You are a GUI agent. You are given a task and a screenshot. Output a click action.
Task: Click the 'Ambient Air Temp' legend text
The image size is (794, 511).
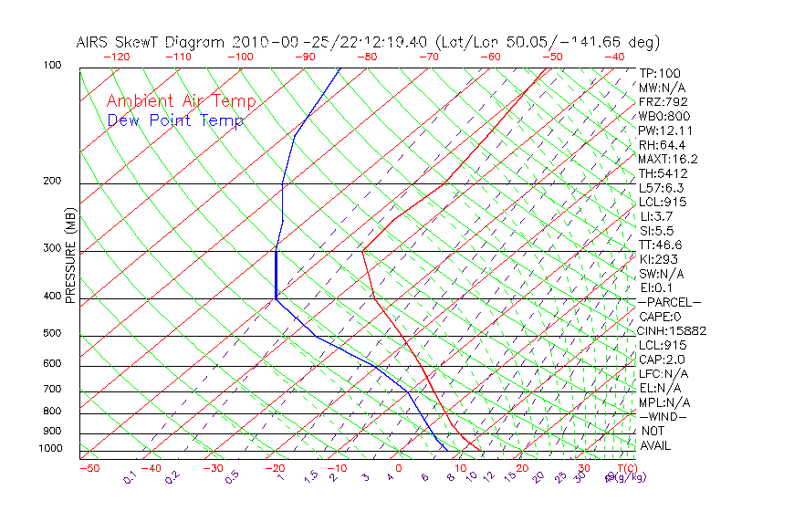[181, 101]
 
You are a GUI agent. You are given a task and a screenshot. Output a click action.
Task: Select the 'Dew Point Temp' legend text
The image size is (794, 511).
[174, 120]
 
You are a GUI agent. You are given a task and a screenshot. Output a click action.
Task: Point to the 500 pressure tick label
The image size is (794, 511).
[53, 333]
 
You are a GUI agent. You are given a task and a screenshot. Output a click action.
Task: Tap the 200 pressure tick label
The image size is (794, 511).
[53, 181]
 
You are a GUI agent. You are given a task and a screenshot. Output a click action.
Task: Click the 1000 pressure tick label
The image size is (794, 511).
[50, 448]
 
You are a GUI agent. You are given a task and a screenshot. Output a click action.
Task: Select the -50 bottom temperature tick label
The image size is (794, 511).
[89, 468]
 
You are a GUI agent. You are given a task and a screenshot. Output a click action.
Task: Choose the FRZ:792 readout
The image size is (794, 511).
[663, 101]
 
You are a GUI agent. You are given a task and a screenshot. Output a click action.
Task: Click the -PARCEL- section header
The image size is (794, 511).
[669, 302]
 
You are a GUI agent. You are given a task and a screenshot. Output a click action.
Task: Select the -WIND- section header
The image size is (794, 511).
[663, 416]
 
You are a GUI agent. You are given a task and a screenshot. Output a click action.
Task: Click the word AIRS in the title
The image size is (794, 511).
[92, 42]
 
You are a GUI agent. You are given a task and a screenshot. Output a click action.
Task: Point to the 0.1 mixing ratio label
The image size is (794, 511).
[129, 477]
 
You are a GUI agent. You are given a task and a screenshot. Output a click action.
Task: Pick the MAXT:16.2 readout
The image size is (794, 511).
[668, 159]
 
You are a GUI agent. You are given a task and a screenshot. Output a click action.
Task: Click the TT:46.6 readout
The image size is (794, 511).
[661, 245]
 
